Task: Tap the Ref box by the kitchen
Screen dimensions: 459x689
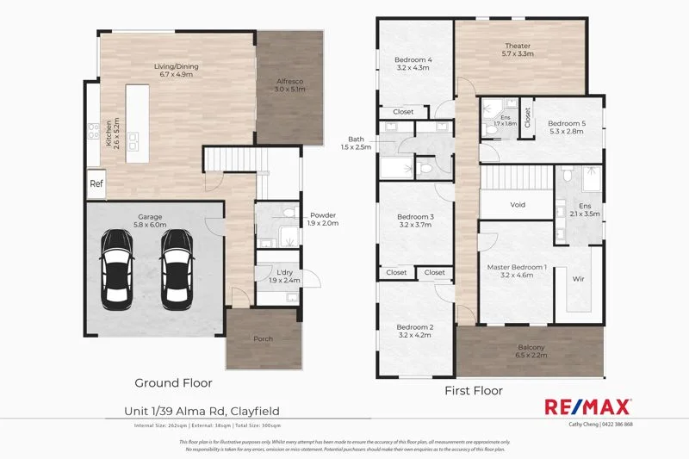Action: coord(96,183)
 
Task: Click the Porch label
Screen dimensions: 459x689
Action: coord(263,338)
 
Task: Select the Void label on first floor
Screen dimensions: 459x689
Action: coord(518,204)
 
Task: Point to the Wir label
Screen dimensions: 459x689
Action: coord(579,279)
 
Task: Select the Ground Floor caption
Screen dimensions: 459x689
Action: coord(173,382)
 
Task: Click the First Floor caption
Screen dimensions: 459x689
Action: coord(473,390)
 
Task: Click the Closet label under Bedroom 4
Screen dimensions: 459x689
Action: coord(403,112)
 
